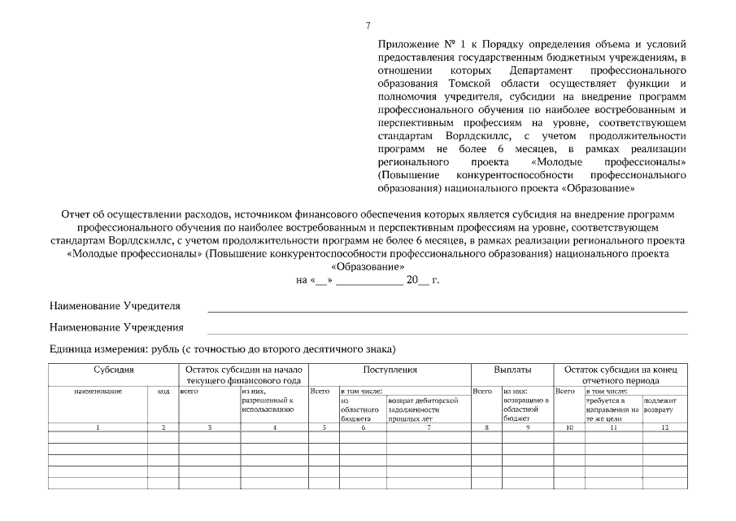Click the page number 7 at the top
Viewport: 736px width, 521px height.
click(x=368, y=27)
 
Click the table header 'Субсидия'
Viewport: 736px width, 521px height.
click(x=113, y=370)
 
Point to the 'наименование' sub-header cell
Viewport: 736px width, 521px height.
click(x=98, y=392)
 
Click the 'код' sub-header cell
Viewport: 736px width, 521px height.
click(x=163, y=392)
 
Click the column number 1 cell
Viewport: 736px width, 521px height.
click(x=98, y=427)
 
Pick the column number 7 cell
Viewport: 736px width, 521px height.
click(x=429, y=427)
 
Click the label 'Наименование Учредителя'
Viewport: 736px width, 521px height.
click(x=115, y=306)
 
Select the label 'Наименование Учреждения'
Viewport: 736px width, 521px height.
click(x=116, y=328)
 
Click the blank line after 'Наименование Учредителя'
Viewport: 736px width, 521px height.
click(x=446, y=311)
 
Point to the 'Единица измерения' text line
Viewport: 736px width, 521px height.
click(x=222, y=350)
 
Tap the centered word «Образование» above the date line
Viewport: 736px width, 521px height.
click(x=368, y=266)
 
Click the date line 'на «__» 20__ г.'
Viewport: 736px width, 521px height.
click(x=368, y=279)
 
